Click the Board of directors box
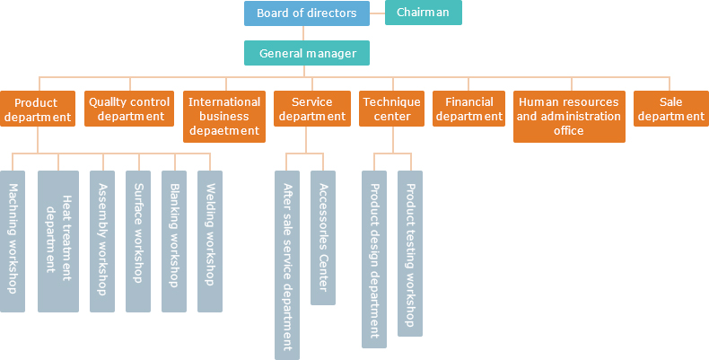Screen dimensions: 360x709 pyautogui.click(x=306, y=13)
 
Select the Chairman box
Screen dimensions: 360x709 pyautogui.click(x=423, y=13)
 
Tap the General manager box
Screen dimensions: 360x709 pyautogui.click(x=306, y=53)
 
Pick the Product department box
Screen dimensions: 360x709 pyautogui.click(x=37, y=110)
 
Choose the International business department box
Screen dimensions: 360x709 pyautogui.click(x=224, y=117)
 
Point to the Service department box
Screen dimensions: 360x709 pyautogui.click(x=311, y=110)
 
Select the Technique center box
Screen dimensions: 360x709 pyautogui.click(x=391, y=110)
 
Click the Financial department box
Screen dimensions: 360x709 pyautogui.click(x=469, y=110)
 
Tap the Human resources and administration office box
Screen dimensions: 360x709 pyautogui.click(x=568, y=117)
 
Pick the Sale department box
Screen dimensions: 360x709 pyautogui.click(x=671, y=110)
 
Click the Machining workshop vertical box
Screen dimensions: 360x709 pyautogui.click(x=13, y=241)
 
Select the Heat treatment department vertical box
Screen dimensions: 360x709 pyautogui.click(x=58, y=241)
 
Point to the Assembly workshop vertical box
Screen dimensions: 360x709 pyautogui.click(x=102, y=241)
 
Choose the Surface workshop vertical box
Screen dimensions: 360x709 pyautogui.click(x=138, y=241)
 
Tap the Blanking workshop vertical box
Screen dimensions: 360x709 pyautogui.click(x=174, y=241)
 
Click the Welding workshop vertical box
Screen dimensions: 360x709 pyautogui.click(x=210, y=241)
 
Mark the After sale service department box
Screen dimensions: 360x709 pyautogui.click(x=287, y=265)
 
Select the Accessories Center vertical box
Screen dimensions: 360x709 pyautogui.click(x=323, y=238)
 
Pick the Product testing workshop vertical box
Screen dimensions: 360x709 pyautogui.click(x=410, y=253)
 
